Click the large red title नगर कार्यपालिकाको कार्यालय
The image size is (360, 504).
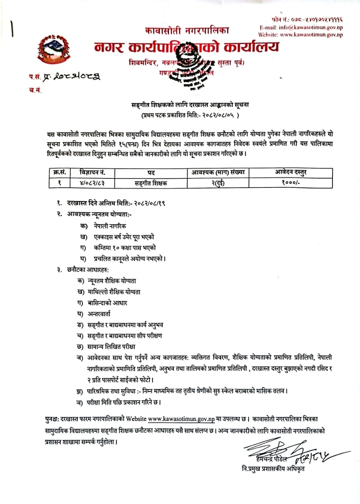point(186,47)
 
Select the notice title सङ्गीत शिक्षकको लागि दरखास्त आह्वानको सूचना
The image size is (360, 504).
point(190,106)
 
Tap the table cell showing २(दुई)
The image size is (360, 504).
point(217,183)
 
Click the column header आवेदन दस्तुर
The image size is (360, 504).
point(290,172)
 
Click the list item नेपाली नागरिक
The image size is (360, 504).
point(110,226)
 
